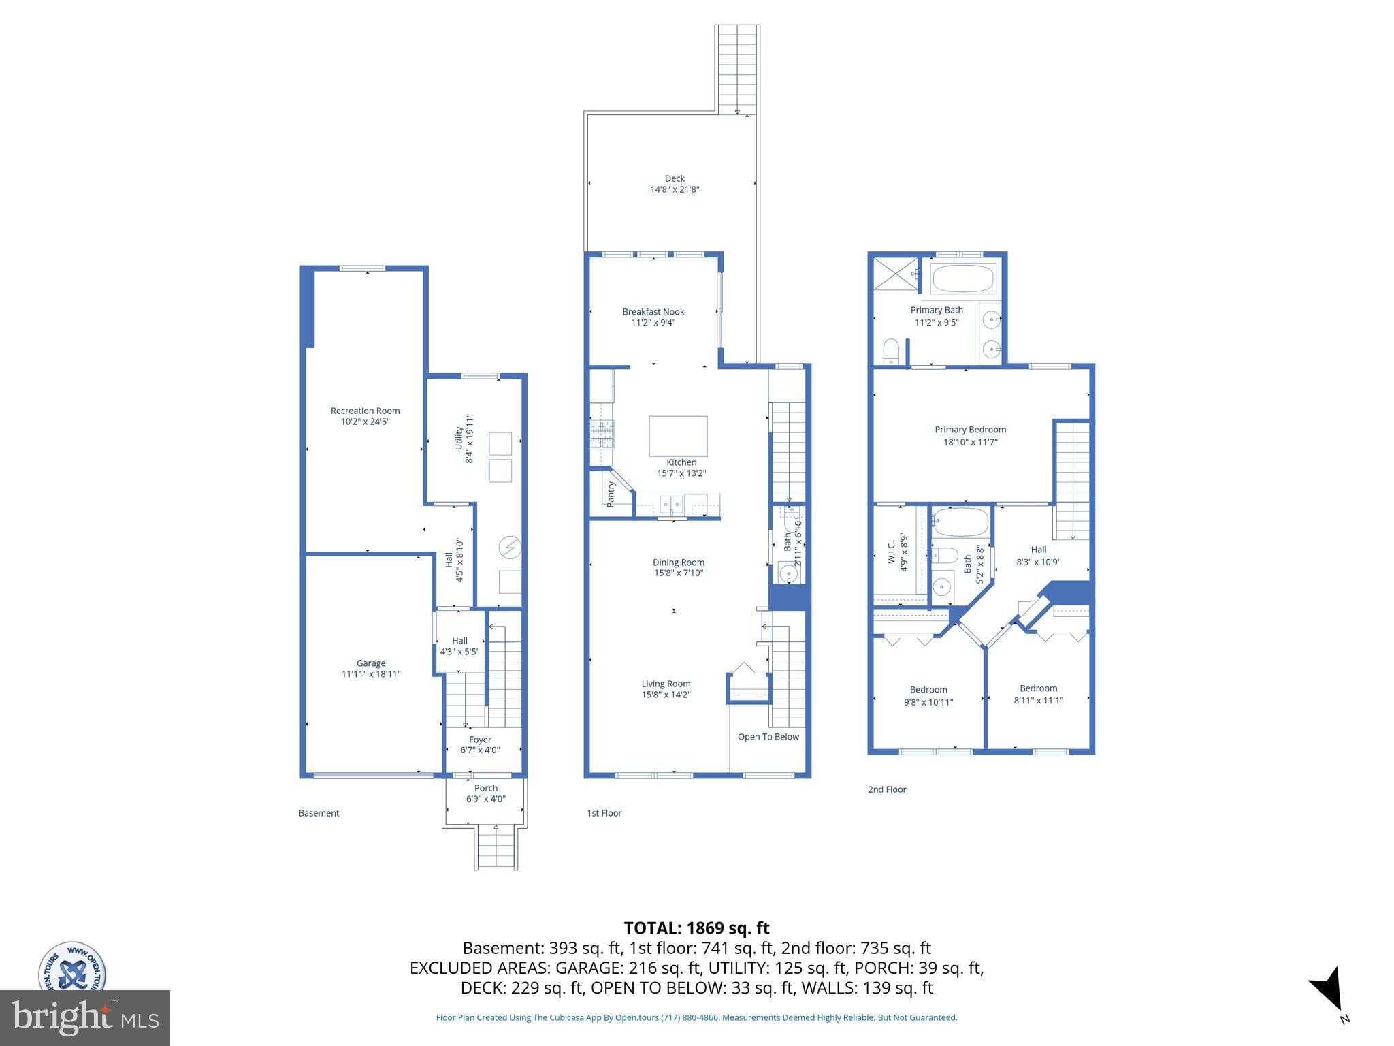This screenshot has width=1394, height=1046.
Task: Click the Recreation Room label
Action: coord(365,411)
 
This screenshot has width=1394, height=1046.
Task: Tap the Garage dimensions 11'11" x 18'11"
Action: coord(371,674)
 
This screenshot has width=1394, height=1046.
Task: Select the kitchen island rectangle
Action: coord(678,436)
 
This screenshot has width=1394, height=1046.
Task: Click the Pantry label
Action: coord(611,494)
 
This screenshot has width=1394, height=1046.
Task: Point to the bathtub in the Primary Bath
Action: coord(963,279)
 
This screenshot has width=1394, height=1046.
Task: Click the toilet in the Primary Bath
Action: coord(891,351)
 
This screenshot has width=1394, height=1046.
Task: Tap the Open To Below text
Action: coord(768,737)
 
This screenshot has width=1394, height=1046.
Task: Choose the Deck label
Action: coord(675,178)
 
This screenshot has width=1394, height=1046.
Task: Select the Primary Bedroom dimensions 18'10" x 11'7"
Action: coord(970,442)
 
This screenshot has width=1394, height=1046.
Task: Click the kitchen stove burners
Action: coord(602,434)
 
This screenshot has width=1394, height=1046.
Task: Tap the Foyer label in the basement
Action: coord(480,740)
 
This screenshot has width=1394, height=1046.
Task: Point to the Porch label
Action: coord(485,788)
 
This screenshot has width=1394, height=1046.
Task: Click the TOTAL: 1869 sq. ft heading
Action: coord(696,928)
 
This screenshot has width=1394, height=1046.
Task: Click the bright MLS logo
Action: coord(85,1017)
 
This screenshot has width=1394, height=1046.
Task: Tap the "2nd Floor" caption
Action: coord(886,789)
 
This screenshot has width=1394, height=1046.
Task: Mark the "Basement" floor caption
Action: coord(319,813)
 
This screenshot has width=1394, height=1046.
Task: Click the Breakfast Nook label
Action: coord(653,312)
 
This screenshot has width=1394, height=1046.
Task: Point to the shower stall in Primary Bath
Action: coord(895,275)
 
